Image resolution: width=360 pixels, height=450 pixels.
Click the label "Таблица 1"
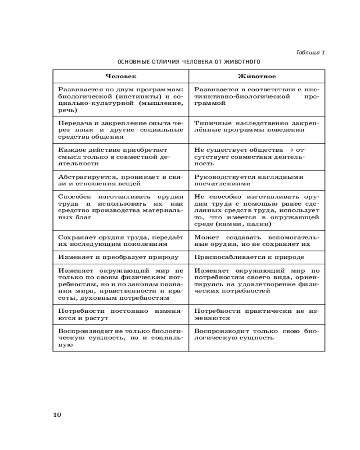click(310, 52)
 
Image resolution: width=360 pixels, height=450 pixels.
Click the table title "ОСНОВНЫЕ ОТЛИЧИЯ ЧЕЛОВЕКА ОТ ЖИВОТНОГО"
click(189, 61)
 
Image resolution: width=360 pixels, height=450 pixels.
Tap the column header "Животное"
click(256, 76)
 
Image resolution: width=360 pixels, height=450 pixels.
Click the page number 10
click(57, 414)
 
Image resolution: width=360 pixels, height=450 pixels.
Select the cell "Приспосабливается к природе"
click(249, 257)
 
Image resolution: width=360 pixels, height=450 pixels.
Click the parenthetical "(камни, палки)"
click(243, 224)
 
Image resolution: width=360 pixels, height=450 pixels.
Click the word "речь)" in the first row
click(68, 109)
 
